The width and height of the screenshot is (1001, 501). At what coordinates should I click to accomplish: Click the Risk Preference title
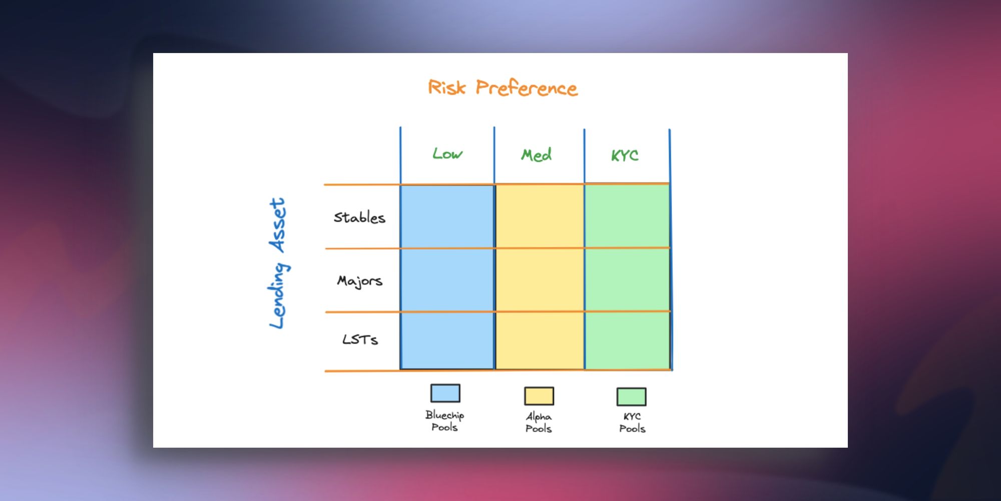503,88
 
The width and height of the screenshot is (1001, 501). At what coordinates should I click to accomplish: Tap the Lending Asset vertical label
278,263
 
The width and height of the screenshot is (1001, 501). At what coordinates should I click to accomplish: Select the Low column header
447,154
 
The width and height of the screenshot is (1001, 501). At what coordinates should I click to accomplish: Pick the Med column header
536,155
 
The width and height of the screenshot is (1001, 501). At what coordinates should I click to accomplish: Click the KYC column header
625,155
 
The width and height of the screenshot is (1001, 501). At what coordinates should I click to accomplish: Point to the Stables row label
359,217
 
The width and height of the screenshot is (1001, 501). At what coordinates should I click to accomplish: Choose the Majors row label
359,281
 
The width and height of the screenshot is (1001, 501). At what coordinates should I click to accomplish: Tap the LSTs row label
360,339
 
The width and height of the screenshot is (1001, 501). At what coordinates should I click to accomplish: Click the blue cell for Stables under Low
447,216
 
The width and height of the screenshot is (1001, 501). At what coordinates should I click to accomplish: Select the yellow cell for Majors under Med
540,280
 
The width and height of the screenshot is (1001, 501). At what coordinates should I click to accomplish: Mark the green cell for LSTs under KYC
627,341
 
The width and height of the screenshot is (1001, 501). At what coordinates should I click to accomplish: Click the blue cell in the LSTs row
447,341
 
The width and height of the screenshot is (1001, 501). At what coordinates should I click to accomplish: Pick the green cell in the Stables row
627,216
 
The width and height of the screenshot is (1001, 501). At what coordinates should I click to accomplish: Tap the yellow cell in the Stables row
540,216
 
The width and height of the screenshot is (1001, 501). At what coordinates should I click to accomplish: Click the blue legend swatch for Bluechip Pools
445,393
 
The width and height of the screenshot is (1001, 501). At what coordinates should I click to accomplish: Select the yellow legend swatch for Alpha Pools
539,396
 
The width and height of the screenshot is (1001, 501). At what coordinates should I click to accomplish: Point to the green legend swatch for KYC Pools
631,396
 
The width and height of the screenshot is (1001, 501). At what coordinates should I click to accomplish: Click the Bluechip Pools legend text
444,421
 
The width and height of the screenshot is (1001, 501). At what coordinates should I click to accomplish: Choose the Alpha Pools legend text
539,422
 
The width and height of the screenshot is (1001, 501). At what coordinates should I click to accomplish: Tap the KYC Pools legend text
632,422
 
